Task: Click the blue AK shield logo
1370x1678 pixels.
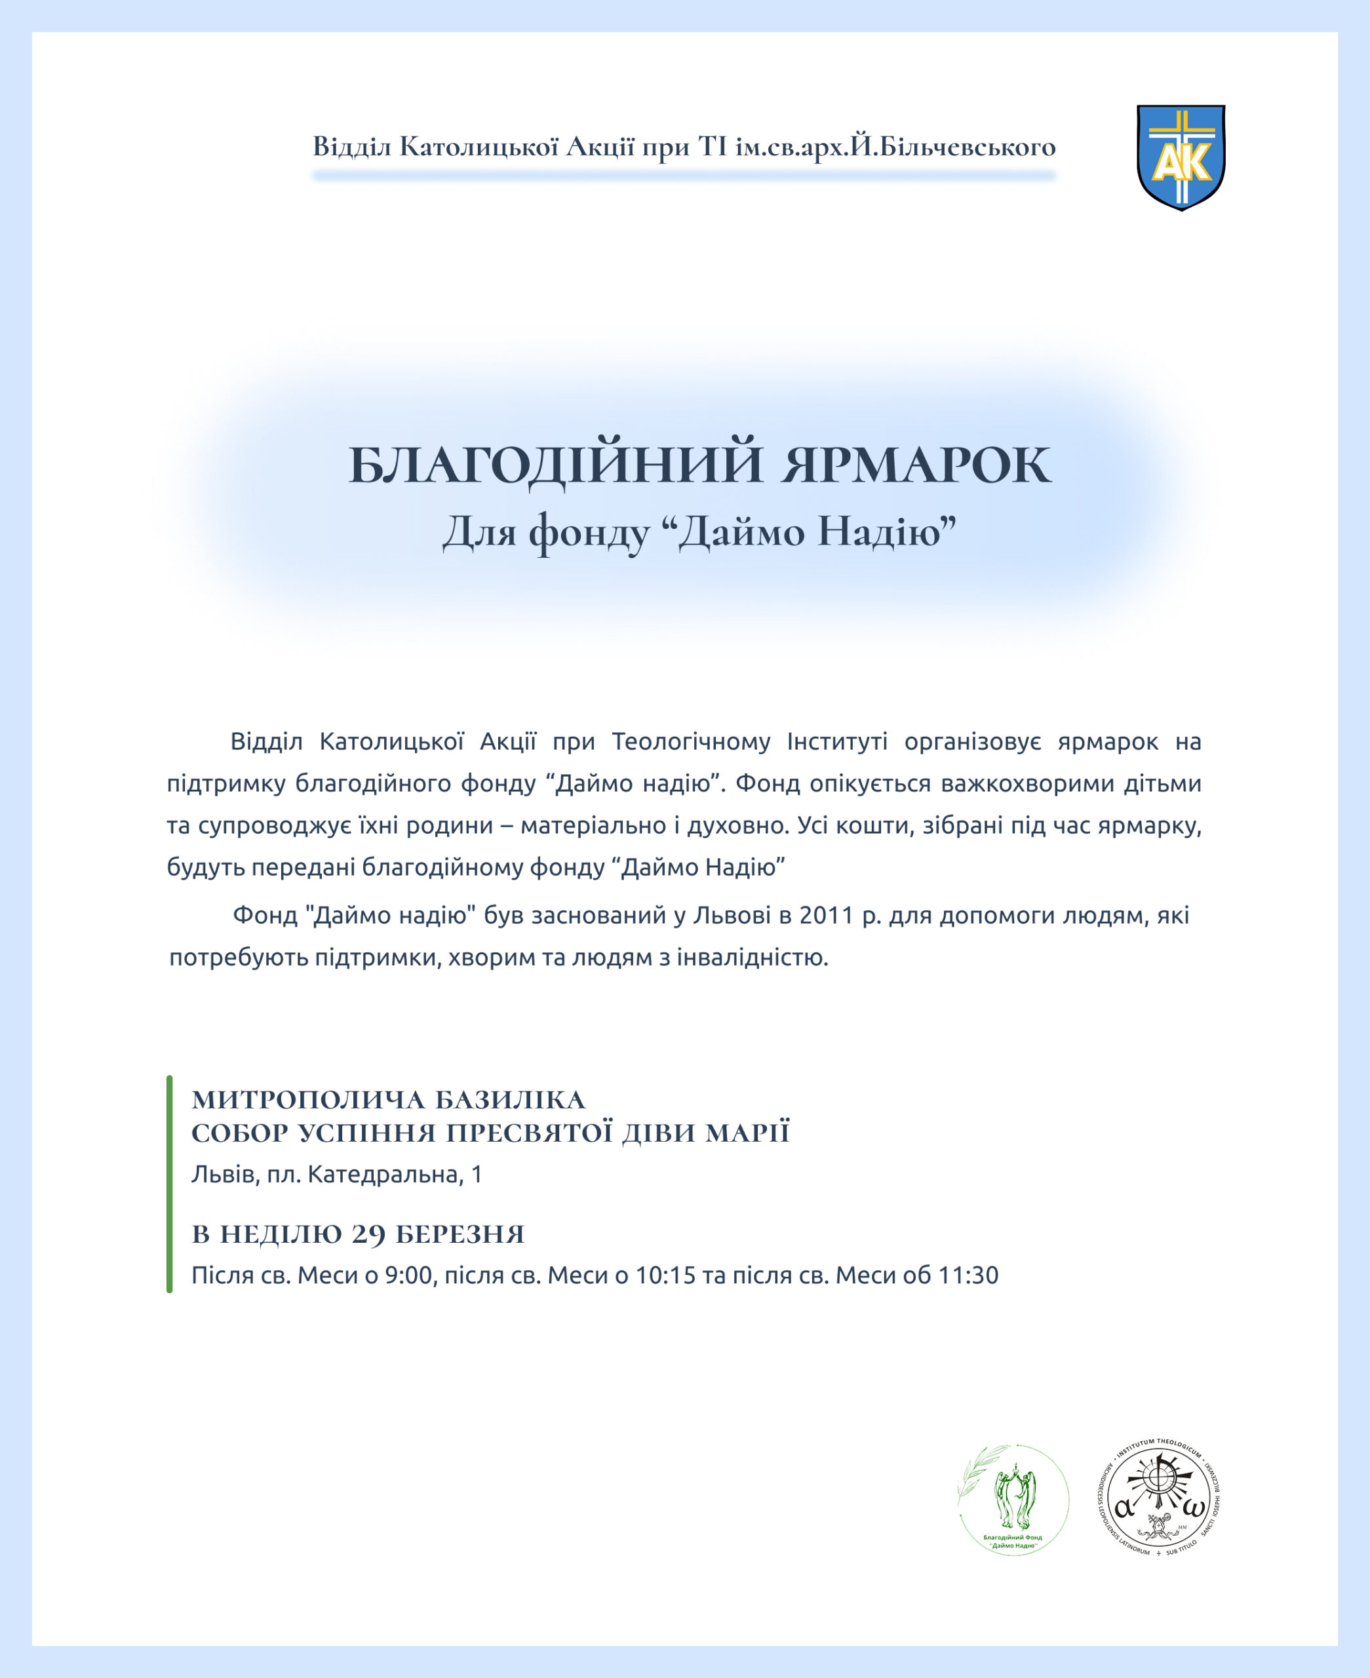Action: click(x=1181, y=157)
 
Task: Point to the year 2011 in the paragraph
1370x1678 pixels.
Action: click(x=827, y=915)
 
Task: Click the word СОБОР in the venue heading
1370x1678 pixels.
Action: click(x=239, y=1134)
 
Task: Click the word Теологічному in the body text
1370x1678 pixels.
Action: click(x=690, y=741)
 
